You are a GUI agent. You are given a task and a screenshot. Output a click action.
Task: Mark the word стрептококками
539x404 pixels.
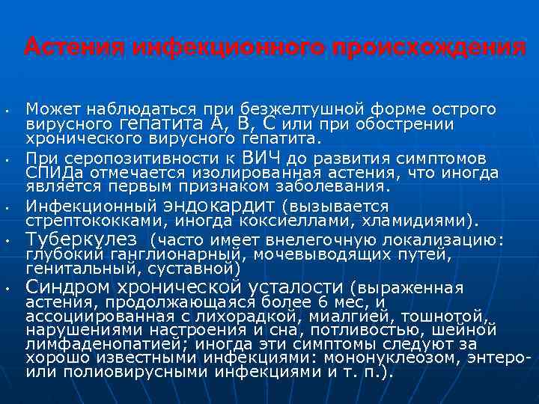coord(97,221)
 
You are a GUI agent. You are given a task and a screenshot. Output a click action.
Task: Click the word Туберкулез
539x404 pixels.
coord(82,239)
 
